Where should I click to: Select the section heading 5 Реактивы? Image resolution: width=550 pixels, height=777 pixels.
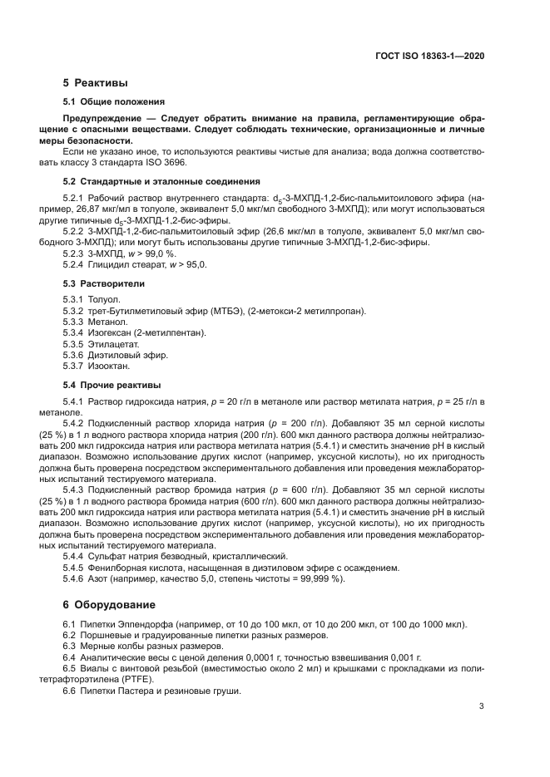click(95, 83)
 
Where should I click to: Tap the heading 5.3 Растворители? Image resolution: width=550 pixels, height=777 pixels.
click(104, 283)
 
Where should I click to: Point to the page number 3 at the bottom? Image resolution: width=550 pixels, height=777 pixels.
click(481, 706)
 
